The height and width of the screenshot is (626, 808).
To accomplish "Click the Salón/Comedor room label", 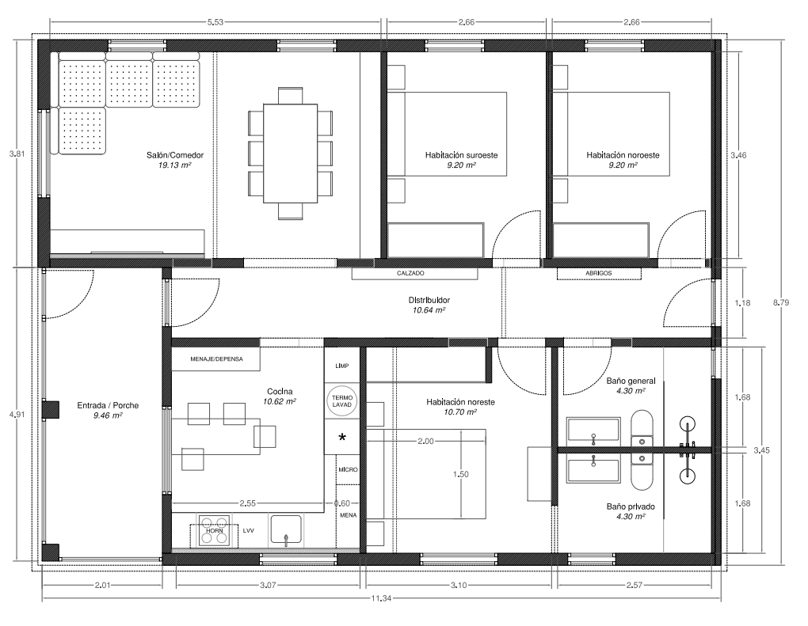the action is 175,155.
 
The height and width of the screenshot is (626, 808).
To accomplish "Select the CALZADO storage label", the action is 410,273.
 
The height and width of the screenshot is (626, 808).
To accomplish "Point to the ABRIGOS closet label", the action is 599,273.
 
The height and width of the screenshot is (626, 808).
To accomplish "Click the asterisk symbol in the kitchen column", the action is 341,438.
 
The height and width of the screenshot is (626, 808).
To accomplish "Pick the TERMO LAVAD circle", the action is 341,401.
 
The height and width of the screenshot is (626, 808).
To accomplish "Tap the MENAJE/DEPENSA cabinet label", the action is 216,359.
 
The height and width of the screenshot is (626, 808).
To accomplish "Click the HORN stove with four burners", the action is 215,530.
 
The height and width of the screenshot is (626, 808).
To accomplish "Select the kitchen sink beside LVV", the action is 286,530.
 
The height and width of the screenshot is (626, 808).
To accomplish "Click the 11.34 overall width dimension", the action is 381,598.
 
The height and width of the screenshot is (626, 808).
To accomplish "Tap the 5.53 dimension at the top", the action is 215,22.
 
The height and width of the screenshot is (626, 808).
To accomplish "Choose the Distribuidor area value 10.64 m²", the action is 429,310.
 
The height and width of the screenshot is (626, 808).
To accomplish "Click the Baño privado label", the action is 631,506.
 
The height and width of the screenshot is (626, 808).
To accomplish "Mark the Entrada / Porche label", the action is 108,405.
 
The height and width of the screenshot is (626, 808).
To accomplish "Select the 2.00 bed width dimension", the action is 425,441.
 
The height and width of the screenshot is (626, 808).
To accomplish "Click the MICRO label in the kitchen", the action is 348,469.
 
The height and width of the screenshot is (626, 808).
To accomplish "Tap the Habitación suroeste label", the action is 461,155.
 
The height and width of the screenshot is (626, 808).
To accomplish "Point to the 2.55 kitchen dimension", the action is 247,503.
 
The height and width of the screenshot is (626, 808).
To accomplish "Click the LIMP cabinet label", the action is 341,366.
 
